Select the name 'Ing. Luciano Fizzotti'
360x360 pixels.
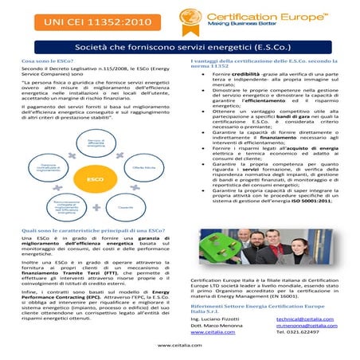(x=216, y=318)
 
